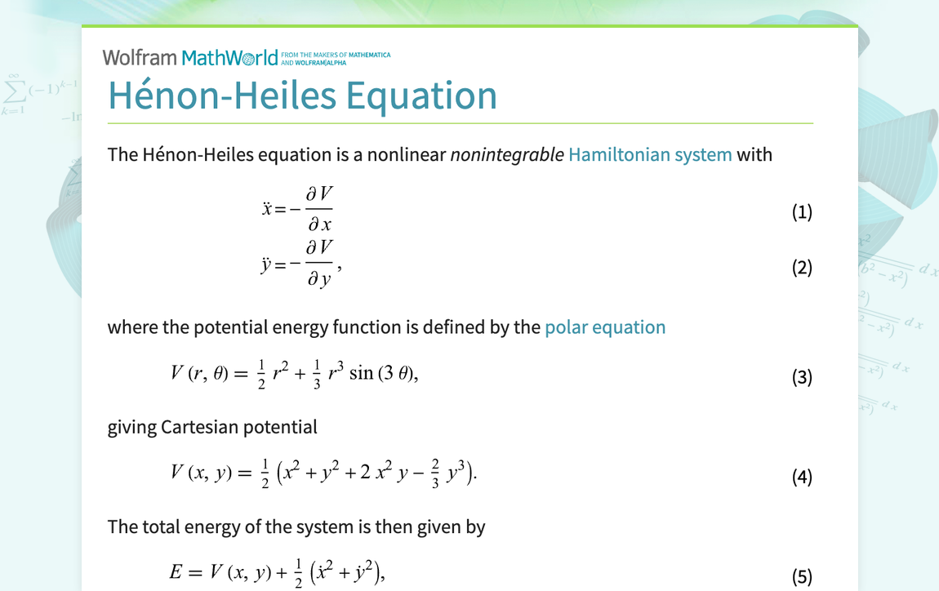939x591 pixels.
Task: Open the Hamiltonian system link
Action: coord(650,154)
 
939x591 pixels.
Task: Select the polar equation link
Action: coord(605,327)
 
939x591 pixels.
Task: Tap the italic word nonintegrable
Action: coord(506,154)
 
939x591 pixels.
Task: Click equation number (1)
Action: coord(802,212)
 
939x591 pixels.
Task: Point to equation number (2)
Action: coord(802,268)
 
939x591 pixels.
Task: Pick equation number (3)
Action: coord(802,377)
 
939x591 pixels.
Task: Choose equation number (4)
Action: coord(802,477)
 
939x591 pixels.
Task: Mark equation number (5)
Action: coord(802,577)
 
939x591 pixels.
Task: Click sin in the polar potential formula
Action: coord(360,374)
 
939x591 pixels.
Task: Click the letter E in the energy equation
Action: coord(176,573)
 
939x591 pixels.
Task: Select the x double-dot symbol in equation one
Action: coord(267,209)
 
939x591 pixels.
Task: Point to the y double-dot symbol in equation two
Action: coord(266,265)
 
